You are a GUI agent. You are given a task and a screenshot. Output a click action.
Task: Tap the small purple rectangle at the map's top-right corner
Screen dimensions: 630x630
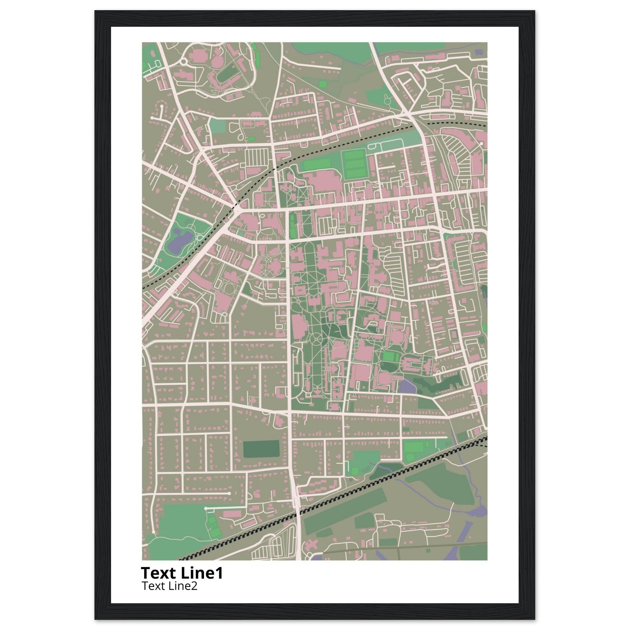(x=478, y=52)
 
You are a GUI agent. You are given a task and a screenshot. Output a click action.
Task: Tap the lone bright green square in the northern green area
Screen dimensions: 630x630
(x=322, y=84)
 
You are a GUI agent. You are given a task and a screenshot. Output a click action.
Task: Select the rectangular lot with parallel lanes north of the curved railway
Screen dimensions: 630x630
(x=256, y=157)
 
